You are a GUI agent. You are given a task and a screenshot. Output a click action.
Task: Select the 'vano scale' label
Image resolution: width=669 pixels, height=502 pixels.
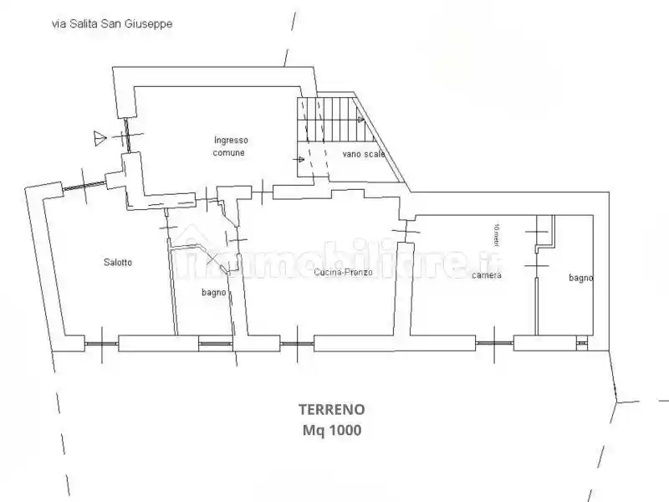pyautogui.click(x=363, y=155)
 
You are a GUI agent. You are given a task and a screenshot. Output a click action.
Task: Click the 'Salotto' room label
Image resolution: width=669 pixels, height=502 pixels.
pyautogui.click(x=117, y=263)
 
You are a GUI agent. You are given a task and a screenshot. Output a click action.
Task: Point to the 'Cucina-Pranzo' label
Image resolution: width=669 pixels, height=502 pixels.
pyautogui.click(x=344, y=273)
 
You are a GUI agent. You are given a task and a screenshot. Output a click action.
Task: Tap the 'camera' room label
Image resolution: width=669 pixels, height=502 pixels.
pyautogui.click(x=486, y=275)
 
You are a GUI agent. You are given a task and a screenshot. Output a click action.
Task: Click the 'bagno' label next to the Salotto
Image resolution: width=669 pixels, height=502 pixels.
pyautogui.click(x=214, y=292)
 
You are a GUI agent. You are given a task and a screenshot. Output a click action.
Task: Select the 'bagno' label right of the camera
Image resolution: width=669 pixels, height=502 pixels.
pyautogui.click(x=580, y=278)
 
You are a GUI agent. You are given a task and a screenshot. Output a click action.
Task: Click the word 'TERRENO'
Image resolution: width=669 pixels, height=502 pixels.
pyautogui.click(x=331, y=410)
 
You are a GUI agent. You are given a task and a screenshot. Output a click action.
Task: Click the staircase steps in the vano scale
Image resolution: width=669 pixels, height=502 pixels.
pyautogui.click(x=331, y=122)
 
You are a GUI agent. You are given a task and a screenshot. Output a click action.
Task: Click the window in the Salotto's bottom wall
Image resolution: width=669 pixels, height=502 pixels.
pyautogui.click(x=101, y=342)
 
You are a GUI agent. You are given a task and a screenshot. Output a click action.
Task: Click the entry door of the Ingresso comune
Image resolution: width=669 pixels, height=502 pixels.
pyautogui.click(x=125, y=136)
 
